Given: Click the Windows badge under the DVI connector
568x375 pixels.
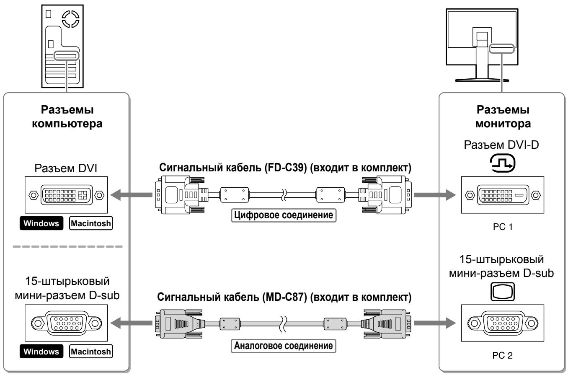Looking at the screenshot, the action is coord(41,223).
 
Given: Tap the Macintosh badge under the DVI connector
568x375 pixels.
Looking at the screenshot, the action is coord(91,223).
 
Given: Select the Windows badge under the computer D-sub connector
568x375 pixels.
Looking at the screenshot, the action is coord(41,352).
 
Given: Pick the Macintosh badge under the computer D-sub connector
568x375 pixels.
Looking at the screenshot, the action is coord(91,352).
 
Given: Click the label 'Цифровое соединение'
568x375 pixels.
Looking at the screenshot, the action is coord(284,215).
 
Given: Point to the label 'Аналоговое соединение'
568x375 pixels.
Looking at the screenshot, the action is coord(284,346).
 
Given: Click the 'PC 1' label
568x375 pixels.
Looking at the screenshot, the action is coord(503,227).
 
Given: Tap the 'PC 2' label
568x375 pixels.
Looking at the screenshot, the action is coord(503,355).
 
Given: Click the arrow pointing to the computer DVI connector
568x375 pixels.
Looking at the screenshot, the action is coord(132,195).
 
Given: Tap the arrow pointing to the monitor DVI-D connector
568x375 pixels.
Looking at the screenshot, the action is coord(435,195).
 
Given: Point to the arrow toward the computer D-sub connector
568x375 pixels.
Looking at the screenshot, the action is coord(132,323).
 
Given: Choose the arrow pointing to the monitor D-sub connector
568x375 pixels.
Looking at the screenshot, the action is coord(435,323).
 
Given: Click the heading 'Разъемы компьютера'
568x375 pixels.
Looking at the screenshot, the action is coord(67,117).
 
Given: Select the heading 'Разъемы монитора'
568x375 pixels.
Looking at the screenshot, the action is coord(503,117).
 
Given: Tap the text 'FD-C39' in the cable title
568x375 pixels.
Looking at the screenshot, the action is coord(286,168).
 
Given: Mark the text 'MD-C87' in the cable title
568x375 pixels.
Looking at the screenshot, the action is coord(284,297).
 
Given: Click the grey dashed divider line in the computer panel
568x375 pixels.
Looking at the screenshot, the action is coord(68,246).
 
